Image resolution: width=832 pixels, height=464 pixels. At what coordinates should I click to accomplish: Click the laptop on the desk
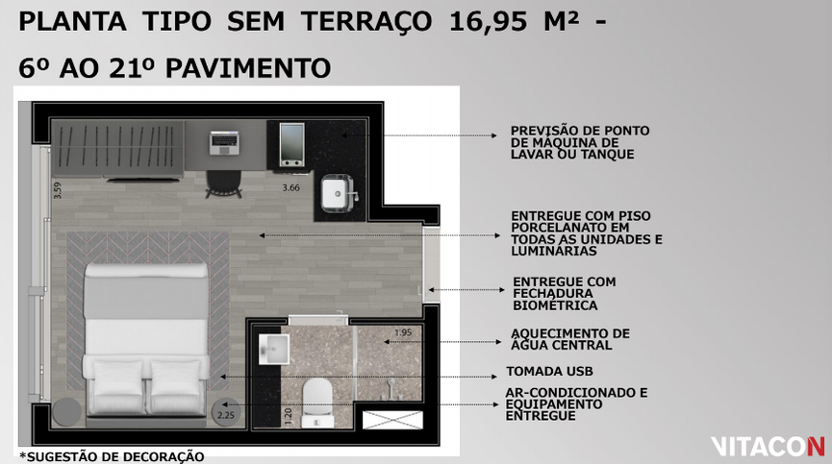(224, 142)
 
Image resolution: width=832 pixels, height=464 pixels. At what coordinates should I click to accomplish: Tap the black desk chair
(223, 183)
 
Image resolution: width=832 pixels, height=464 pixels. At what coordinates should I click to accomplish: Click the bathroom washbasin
(274, 349)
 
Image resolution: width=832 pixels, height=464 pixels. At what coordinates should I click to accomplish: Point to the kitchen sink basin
(338, 193)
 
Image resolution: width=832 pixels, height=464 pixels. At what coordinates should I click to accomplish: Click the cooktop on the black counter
(291, 143)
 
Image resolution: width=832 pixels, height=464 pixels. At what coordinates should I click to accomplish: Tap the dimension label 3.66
(290, 187)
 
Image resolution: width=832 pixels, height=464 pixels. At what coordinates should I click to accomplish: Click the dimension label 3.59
(58, 190)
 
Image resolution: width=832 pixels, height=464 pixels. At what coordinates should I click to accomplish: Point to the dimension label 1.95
(403, 332)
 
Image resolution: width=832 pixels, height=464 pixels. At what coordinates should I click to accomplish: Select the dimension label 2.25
(225, 415)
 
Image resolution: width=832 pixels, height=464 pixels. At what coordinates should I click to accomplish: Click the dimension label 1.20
(289, 416)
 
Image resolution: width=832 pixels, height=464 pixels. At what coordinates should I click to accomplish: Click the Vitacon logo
(768, 447)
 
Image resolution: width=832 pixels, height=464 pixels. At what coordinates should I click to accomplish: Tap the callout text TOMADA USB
(549, 372)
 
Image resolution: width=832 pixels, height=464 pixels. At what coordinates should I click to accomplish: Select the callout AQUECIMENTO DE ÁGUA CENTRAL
(569, 339)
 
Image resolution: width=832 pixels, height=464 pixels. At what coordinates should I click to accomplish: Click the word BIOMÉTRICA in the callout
(555, 305)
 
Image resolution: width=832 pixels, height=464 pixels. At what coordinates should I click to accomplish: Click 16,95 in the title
(489, 23)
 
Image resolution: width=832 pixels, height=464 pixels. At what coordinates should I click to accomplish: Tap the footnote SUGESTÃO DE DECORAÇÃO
(115, 456)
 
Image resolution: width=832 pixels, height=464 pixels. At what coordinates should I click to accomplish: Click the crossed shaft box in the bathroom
(392, 420)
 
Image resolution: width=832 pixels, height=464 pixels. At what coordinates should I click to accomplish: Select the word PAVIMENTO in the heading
(248, 68)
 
